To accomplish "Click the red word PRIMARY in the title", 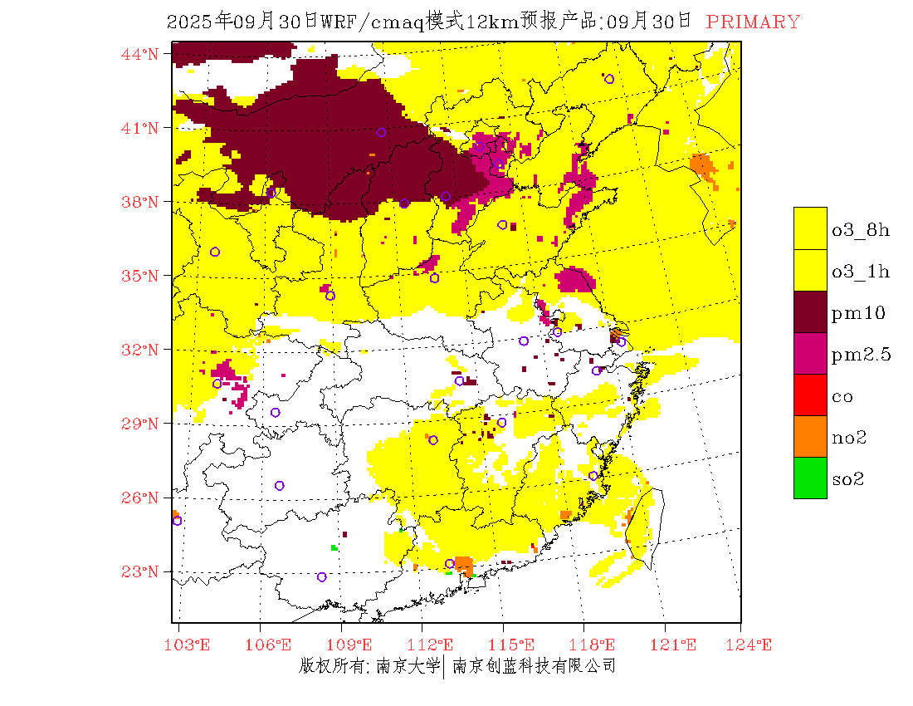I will pos(753,22).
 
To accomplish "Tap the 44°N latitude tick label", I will pos(140,54).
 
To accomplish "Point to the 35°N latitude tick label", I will pos(140,276).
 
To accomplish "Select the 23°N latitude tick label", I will pos(140,571).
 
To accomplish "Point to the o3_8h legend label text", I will pos(860,230).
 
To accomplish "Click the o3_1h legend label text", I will pos(860,272).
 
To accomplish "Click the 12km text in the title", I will pos(493,22).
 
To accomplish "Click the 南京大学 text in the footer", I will pos(408,665).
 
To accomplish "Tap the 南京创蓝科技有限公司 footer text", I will pos(534,665).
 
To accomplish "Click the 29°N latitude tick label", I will pos(140,424).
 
